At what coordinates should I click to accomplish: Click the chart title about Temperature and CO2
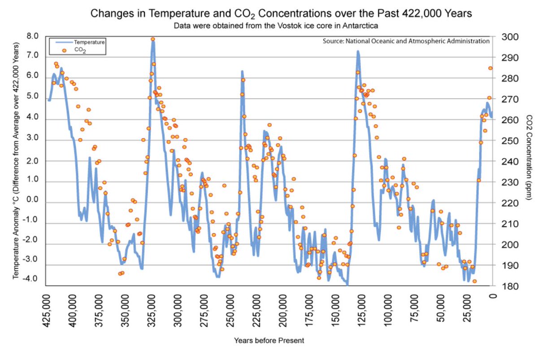tap(281, 13)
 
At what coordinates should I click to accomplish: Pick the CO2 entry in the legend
tap(80, 51)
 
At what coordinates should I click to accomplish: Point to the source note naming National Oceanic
tap(406, 41)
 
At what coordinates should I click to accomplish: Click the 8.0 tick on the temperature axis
tap(33, 36)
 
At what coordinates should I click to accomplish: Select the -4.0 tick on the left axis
tap(32, 279)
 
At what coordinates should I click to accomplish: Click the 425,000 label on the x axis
tap(46, 312)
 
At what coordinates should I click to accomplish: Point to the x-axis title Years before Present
tap(269, 340)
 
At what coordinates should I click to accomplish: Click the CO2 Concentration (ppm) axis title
tap(529, 162)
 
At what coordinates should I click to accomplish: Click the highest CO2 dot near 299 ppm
tap(152, 39)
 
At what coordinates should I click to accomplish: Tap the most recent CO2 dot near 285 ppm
tap(490, 68)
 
